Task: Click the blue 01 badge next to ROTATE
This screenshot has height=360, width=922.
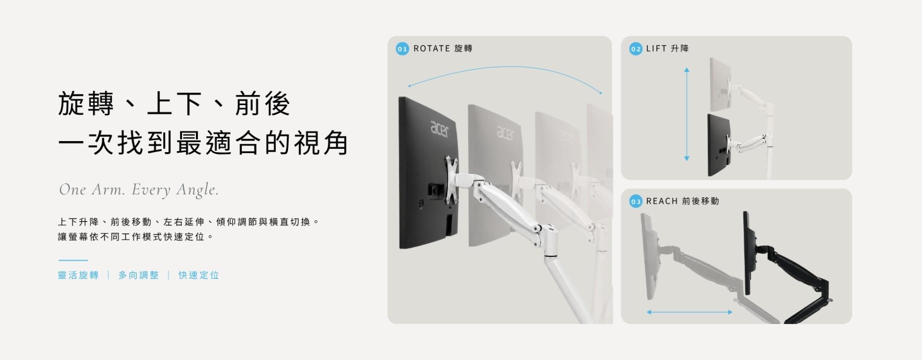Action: (x=402, y=49)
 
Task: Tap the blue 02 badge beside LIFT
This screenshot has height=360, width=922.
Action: (x=636, y=49)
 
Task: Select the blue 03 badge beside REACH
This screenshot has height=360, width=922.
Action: (x=636, y=201)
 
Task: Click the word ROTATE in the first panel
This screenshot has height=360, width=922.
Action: (x=431, y=48)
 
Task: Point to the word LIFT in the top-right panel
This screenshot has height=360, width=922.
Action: (x=656, y=48)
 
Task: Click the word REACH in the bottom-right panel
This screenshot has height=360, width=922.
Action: (x=662, y=201)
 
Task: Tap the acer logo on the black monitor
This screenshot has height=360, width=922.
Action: (x=439, y=129)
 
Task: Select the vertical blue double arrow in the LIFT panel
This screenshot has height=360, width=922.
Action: (x=687, y=114)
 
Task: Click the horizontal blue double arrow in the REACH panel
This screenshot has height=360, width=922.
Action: (x=690, y=312)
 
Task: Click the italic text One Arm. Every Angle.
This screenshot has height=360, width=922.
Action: (x=139, y=189)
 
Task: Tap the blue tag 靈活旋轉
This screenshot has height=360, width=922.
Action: (x=78, y=275)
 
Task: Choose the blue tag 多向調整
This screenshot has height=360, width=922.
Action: (x=138, y=275)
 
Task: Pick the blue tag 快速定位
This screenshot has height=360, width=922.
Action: (x=199, y=275)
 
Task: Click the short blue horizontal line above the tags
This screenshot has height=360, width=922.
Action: (x=73, y=260)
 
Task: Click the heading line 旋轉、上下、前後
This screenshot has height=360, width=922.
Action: (x=174, y=104)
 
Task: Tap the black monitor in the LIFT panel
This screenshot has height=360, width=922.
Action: (x=719, y=145)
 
